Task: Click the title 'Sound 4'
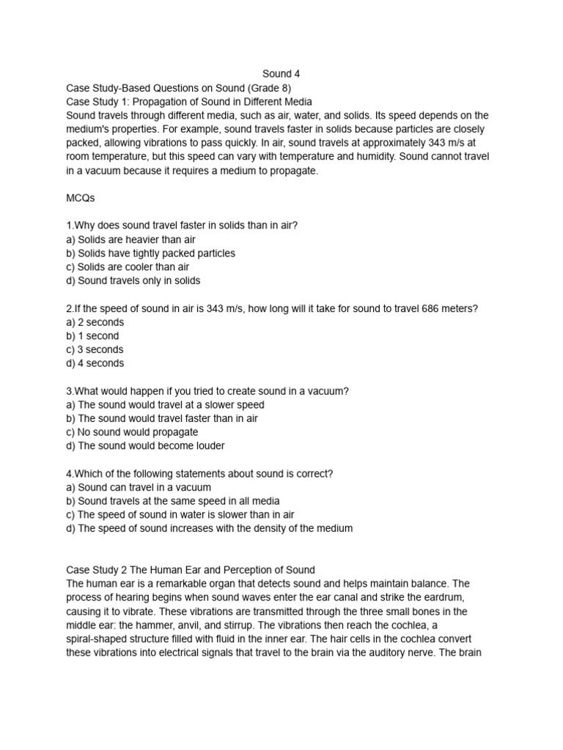(281, 74)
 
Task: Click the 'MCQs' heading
(81, 198)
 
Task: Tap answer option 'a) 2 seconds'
(95, 322)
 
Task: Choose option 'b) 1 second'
(92, 336)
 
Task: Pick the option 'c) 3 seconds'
(95, 349)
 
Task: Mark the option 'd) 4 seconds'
(95, 363)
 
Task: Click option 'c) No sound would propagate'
(132, 432)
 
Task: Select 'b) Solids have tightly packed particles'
(150, 253)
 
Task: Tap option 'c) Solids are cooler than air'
(128, 267)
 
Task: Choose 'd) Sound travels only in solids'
(133, 281)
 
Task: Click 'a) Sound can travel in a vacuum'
(139, 487)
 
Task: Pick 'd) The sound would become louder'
(145, 445)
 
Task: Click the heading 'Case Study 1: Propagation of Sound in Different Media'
(189, 102)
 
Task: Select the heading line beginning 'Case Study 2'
(191, 570)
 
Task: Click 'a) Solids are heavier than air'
(130, 240)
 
